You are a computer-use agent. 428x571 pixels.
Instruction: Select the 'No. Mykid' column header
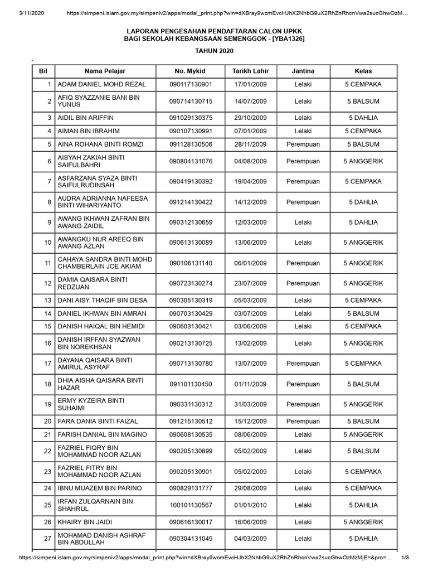[x=190, y=71]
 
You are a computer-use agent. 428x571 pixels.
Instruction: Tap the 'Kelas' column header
[x=363, y=71]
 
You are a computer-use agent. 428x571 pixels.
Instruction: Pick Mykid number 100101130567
[x=191, y=505]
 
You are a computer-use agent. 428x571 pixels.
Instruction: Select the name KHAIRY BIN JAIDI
[x=85, y=522]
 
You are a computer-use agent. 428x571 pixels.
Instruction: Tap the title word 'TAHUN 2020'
[x=214, y=51]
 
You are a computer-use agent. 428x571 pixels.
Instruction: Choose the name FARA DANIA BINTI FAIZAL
[x=98, y=421]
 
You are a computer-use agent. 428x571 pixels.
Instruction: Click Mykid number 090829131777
[x=191, y=488]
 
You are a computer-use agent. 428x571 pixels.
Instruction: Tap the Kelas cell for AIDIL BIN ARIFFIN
[x=363, y=118]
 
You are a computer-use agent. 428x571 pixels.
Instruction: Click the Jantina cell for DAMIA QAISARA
[x=303, y=283]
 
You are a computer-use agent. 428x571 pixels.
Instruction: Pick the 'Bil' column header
[x=42, y=71]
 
